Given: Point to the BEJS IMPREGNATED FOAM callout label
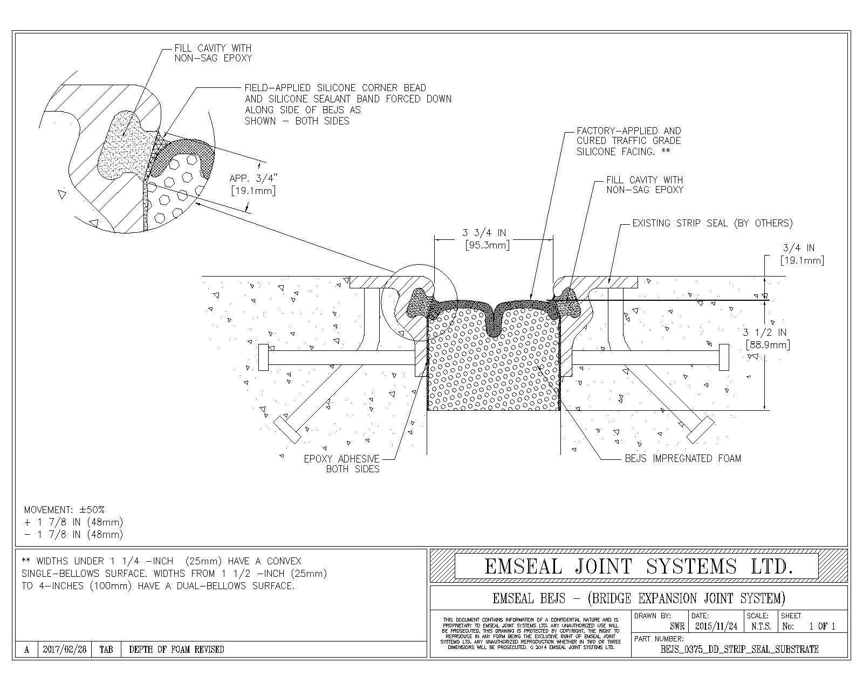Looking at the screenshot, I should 682,459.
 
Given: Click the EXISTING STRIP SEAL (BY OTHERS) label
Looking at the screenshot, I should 712,223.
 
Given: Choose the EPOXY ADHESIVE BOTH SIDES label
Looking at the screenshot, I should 342,464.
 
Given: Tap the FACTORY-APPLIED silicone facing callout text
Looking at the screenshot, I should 628,141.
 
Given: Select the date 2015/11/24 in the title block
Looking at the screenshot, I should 716,626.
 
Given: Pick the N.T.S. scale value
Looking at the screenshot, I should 761,626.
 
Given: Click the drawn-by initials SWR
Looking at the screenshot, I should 677,626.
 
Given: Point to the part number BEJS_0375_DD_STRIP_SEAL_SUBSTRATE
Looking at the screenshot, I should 739,649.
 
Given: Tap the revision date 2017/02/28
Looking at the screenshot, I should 64,650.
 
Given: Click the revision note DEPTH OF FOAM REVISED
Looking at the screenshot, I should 176,650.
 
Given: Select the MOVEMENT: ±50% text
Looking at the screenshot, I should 65,509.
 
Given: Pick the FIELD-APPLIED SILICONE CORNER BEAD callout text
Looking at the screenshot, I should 348,104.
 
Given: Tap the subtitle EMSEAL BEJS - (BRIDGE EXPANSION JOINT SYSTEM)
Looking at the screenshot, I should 639,598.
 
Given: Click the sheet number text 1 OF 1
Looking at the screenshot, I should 822,626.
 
